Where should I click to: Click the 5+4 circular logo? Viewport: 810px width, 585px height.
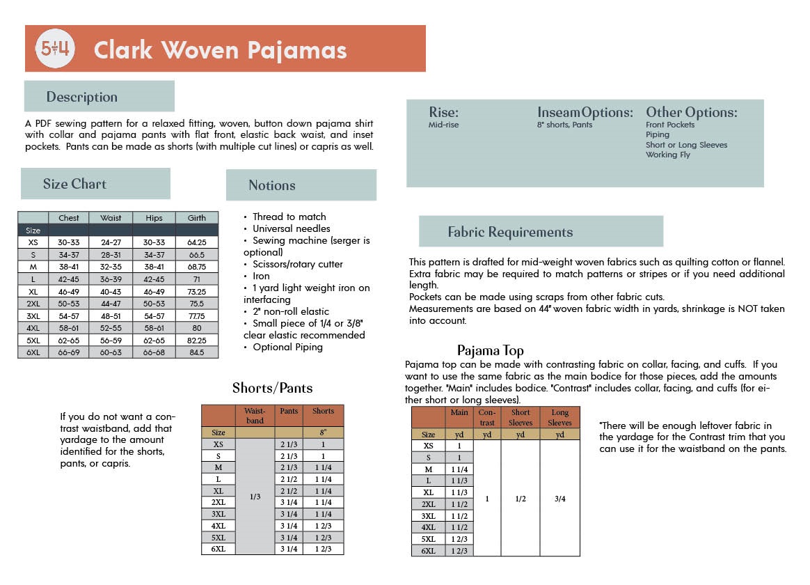pyautogui.click(x=54, y=49)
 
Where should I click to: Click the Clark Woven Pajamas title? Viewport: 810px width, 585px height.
pyautogui.click(x=220, y=50)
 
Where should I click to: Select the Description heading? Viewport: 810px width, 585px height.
pyautogui.click(x=82, y=97)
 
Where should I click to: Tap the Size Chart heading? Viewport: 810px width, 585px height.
pyautogui.click(x=74, y=184)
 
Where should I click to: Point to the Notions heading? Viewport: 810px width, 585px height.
pyautogui.click(x=272, y=185)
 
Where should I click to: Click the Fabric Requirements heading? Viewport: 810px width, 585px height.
pyautogui.click(x=510, y=232)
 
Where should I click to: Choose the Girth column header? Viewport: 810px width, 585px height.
pyautogui.click(x=197, y=218)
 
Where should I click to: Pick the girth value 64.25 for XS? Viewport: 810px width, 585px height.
pyautogui.click(x=197, y=242)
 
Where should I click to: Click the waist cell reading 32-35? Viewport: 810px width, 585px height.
pyautogui.click(x=111, y=266)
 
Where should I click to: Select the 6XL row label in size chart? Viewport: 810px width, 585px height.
pyautogui.click(x=33, y=352)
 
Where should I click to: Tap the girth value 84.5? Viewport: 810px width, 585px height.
pyautogui.click(x=197, y=352)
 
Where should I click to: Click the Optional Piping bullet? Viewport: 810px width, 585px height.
pyautogui.click(x=287, y=347)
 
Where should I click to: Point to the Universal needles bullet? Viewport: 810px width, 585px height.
pyautogui.click(x=291, y=228)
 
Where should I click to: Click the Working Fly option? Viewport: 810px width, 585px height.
pyautogui.click(x=667, y=155)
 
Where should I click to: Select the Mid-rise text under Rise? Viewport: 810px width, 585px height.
pyautogui.click(x=443, y=125)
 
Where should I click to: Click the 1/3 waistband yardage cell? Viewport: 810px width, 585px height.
pyautogui.click(x=255, y=497)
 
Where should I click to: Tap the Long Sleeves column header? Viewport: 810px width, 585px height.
pyautogui.click(x=559, y=418)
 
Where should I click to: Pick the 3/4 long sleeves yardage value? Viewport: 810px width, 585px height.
pyautogui.click(x=559, y=499)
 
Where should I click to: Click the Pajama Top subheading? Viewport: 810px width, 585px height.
pyautogui.click(x=490, y=350)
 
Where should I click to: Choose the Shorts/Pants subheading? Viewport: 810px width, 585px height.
pyautogui.click(x=272, y=388)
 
